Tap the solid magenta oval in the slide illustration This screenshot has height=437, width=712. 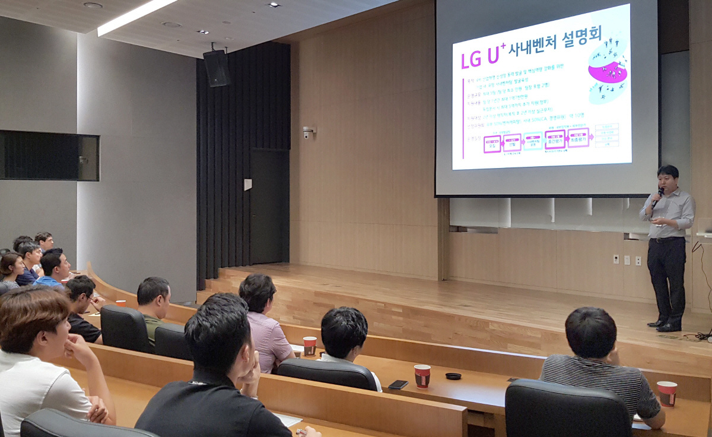tap(607, 72)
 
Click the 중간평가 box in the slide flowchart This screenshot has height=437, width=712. tap(555, 140)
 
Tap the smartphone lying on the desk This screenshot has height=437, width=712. tap(398, 384)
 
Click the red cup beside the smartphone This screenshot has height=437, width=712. tap(422, 376)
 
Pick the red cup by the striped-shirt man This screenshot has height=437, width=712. tap(666, 393)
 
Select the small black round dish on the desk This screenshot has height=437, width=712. tap(453, 376)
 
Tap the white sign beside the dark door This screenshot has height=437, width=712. tap(247, 185)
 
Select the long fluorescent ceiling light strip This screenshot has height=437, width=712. tap(136, 16)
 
